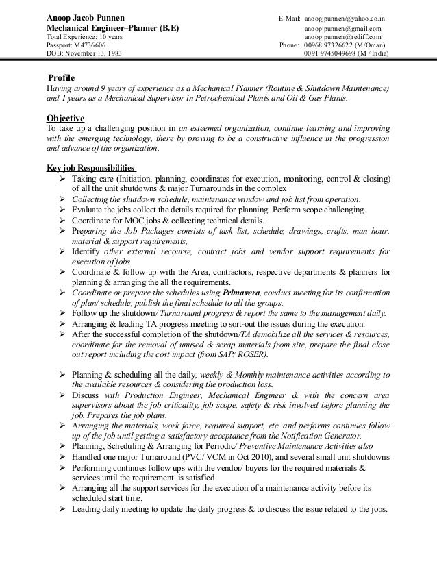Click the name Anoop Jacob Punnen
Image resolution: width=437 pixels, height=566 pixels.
coord(85,16)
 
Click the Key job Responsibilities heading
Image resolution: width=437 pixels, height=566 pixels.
coord(90,169)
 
